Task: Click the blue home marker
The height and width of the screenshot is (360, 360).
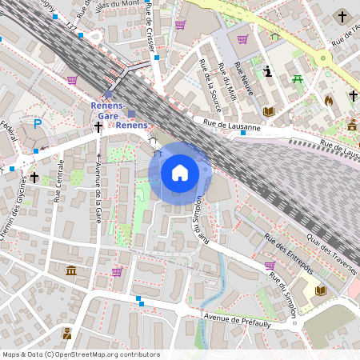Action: (x=180, y=173)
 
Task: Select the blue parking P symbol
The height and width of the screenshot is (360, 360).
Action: (x=37, y=125)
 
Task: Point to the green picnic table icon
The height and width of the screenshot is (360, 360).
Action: (x=298, y=78)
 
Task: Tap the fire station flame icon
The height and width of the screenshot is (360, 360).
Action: (x=328, y=101)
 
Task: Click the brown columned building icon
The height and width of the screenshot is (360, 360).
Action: (x=72, y=270)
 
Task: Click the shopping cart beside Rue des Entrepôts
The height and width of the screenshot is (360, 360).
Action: (x=270, y=266)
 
